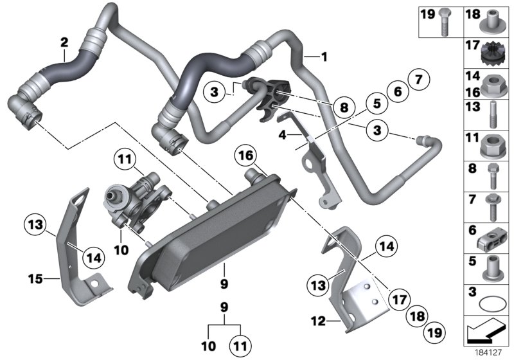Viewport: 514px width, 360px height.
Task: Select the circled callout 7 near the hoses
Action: click(x=418, y=82)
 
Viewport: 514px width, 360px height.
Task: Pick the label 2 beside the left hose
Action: click(x=64, y=43)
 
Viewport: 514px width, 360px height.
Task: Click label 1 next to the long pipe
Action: click(x=324, y=57)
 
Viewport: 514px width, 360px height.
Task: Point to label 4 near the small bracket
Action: click(x=281, y=135)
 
